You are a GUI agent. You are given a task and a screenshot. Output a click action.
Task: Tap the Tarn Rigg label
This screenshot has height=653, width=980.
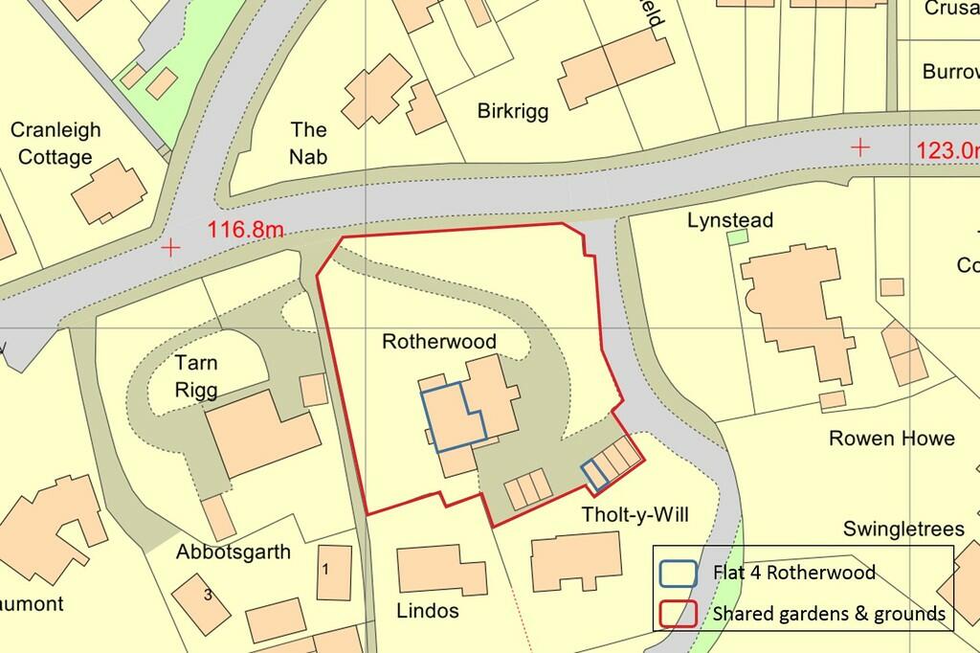(196, 376)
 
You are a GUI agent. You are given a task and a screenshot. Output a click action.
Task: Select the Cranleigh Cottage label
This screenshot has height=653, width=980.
(56, 144)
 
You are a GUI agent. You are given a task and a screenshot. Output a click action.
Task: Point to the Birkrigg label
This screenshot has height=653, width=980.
(513, 111)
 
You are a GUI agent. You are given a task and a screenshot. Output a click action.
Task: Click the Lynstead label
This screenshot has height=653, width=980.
(730, 221)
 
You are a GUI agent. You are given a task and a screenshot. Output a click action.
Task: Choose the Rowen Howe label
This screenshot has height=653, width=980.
(891, 439)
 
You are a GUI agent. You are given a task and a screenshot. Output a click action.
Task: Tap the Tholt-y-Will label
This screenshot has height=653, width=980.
(635, 515)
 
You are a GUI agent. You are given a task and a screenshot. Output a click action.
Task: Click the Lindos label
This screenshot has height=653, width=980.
(426, 610)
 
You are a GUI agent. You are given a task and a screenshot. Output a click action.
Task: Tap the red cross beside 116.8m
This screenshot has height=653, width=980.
(171, 248)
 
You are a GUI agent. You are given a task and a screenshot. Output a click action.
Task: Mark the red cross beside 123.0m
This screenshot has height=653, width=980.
(861, 147)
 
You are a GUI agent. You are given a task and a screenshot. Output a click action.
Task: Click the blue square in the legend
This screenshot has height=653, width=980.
(678, 573)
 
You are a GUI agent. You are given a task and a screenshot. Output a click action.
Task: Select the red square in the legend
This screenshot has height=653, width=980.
(678, 613)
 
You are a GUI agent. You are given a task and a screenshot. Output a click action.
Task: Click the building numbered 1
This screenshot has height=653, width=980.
(326, 569)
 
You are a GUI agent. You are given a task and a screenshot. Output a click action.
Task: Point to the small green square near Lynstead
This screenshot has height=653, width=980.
(738, 236)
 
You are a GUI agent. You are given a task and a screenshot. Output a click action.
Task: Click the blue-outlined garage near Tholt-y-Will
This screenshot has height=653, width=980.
(595, 471)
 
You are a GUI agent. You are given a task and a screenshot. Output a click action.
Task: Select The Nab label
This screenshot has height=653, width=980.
(308, 143)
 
